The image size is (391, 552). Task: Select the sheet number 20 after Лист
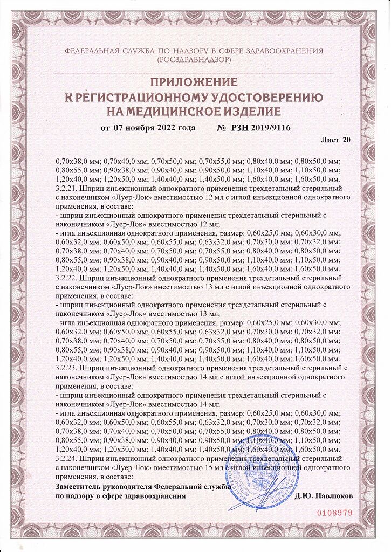(346, 140)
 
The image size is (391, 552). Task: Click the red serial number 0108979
(334, 513)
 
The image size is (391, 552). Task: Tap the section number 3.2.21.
(66, 190)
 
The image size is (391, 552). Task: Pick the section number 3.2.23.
(66, 367)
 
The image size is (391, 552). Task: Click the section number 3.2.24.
(66, 458)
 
